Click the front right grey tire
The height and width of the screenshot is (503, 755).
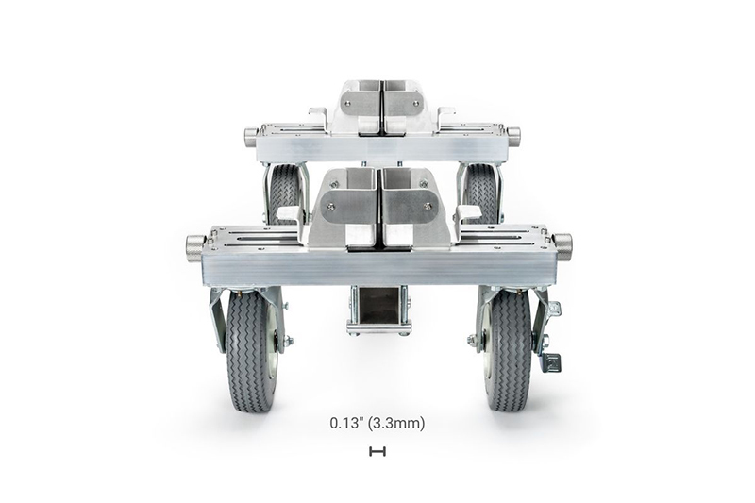pos(507,350)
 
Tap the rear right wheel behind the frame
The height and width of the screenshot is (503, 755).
pos(482,193)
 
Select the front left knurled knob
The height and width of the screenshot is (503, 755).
pos(195,246)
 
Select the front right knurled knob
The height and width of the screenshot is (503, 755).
pos(562,245)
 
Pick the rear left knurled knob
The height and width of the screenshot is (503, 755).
pos(251,132)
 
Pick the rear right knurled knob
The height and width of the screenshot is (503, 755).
pos(513,132)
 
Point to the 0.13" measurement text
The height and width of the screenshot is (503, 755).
pos(346,424)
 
